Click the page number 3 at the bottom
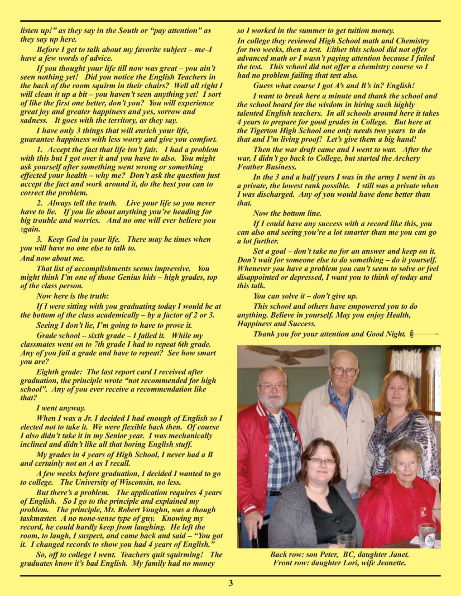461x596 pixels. tap(230, 583)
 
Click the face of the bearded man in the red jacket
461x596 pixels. tap(272, 389)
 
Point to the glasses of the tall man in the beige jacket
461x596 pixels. tap(344, 372)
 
